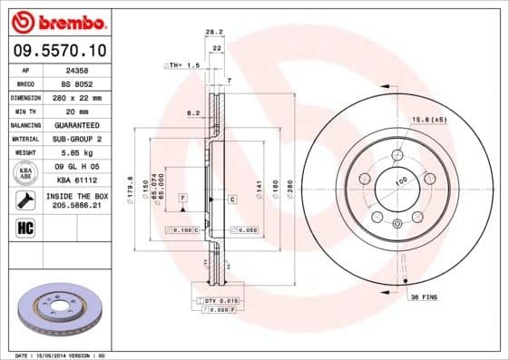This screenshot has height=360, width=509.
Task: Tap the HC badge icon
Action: (x=25, y=227)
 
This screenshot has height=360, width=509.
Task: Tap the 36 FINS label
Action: (x=425, y=297)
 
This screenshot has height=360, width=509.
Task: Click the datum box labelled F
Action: (x=182, y=197)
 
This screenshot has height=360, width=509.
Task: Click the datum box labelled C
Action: (x=231, y=199)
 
